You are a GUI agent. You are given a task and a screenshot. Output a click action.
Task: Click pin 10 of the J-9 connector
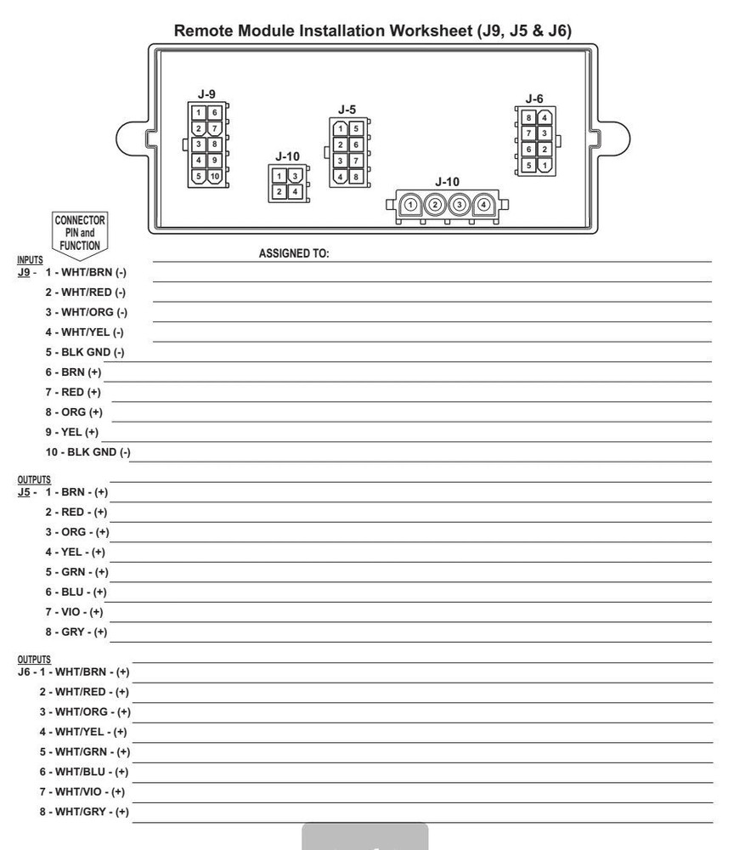[x=215, y=176]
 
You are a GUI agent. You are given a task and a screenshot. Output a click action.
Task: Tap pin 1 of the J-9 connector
[x=199, y=112]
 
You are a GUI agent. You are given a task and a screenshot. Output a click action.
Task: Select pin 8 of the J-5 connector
[x=356, y=177]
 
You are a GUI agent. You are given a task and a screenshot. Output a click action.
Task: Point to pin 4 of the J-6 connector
[x=545, y=117]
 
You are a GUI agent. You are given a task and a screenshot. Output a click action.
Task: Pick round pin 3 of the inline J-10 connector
[x=460, y=205]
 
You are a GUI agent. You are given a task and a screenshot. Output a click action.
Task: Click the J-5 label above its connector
[x=347, y=110]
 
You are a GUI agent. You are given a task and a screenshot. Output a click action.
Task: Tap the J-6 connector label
[x=534, y=99]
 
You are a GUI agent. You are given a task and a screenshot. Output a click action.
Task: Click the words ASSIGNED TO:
[x=293, y=253]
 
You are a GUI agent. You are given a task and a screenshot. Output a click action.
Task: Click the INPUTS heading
[x=30, y=260]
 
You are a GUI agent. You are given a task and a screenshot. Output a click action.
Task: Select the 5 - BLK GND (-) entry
[x=85, y=352]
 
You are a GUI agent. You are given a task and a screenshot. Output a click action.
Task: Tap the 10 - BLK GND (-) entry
[x=88, y=452]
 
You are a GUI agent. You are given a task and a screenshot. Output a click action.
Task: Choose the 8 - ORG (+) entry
[x=74, y=412]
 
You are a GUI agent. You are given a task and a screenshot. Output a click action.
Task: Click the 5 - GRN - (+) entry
[x=76, y=572]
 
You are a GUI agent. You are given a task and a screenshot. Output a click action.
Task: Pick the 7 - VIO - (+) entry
[x=74, y=612]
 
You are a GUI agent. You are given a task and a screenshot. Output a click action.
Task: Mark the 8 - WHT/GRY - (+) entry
[x=84, y=812]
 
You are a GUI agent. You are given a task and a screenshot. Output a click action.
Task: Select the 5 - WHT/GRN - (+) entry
[x=84, y=751]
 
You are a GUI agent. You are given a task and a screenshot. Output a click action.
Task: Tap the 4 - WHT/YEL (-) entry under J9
[x=84, y=332]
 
